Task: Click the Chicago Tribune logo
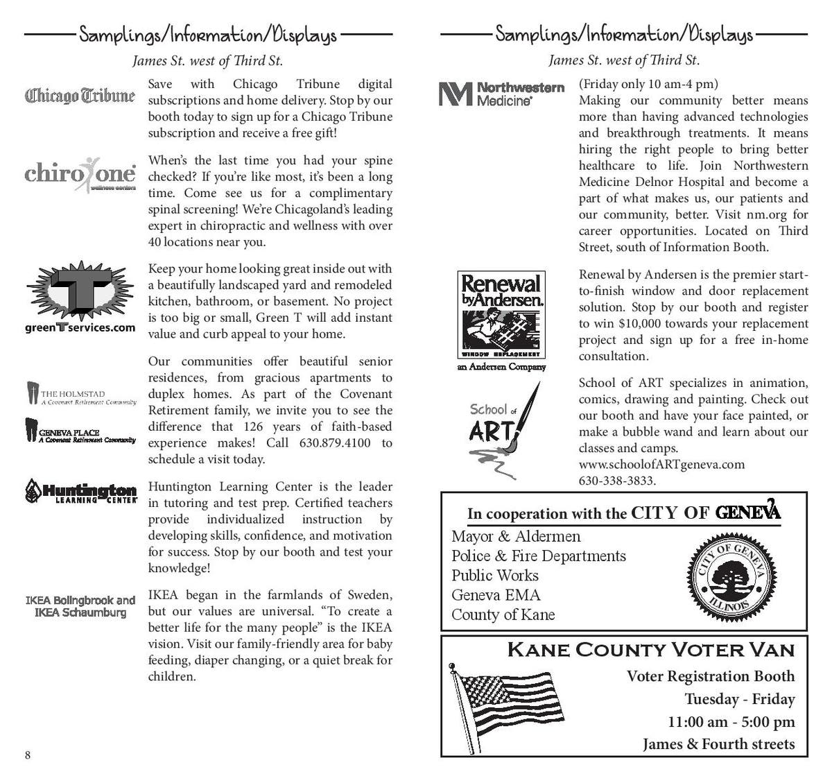[80, 95]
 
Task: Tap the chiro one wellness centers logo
[80, 173]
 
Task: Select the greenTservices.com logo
[80, 297]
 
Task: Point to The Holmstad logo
[80, 394]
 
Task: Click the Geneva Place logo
[80, 431]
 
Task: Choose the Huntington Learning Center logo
[81, 491]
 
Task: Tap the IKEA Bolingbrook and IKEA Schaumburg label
[80, 606]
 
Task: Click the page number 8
[28, 755]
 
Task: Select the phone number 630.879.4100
[335, 443]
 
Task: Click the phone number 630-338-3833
[617, 481]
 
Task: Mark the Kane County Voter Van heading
[650, 651]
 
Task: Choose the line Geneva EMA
[496, 595]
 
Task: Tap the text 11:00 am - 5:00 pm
[731, 722]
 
